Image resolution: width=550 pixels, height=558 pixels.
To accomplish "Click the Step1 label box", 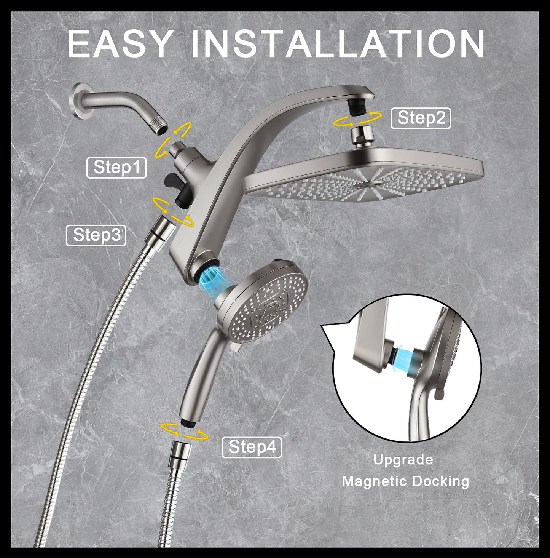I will (x=116, y=168).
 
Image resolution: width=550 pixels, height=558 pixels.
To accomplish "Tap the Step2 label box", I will (x=421, y=118).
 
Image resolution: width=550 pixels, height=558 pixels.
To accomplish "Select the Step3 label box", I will (x=96, y=235).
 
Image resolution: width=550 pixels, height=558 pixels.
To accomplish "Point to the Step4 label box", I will (x=252, y=447).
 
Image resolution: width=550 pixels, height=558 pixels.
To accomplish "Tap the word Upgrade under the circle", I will (x=403, y=460).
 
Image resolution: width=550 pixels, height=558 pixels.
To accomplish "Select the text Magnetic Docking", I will (x=405, y=481).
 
